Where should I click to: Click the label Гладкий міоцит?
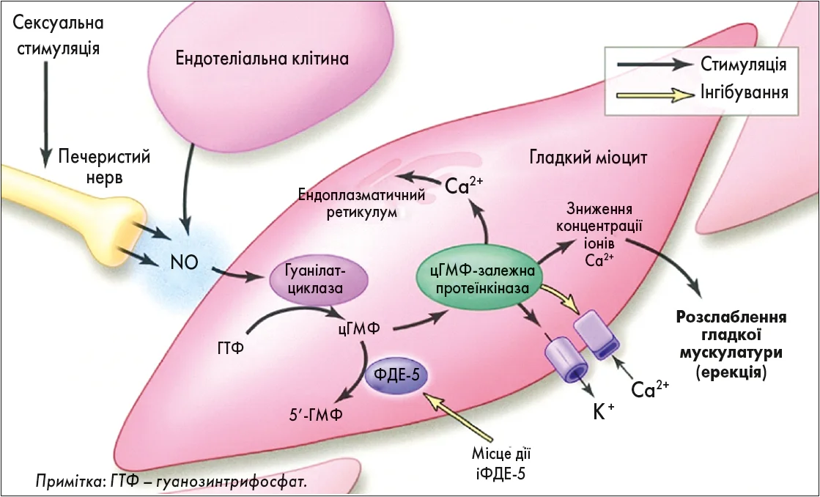[x=588, y=158]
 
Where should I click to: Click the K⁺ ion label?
[x=602, y=413]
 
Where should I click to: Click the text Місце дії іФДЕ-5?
[x=501, y=463]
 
